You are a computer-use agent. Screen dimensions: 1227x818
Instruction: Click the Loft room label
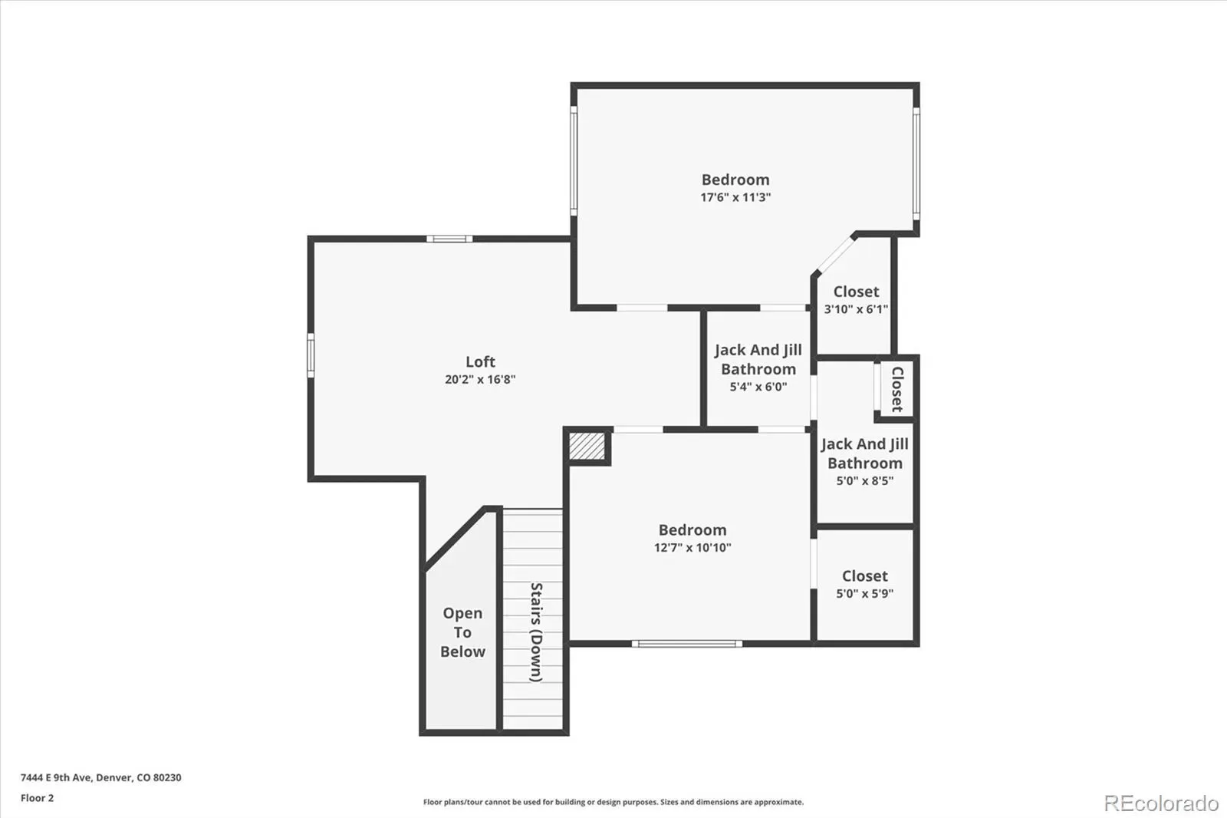pos(480,362)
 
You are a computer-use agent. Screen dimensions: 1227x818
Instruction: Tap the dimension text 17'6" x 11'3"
pos(735,197)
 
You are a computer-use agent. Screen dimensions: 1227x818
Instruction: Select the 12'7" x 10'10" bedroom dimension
pos(692,547)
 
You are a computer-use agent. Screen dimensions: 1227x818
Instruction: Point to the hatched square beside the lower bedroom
pos(587,447)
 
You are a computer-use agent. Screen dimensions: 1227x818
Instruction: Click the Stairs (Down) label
pos(536,632)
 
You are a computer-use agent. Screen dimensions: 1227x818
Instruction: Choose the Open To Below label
pos(463,632)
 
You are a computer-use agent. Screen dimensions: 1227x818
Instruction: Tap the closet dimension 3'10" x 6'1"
pos(856,309)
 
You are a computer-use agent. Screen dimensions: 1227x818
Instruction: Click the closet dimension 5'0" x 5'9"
pos(865,593)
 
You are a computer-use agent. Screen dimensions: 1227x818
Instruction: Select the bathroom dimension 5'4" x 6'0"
pos(758,387)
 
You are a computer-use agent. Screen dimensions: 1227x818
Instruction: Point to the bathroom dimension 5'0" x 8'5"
pos(865,481)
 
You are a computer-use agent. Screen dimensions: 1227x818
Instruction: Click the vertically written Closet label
pos(897,389)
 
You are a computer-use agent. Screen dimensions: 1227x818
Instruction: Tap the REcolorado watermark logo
pos(1161,803)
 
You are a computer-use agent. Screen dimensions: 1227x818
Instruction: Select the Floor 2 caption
pos(38,798)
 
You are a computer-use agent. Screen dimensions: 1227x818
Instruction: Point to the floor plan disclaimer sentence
pos(613,802)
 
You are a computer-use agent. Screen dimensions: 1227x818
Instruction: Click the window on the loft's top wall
pos(449,239)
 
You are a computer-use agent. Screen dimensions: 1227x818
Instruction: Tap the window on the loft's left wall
pos(311,355)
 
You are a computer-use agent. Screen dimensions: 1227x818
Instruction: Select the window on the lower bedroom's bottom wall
pos(687,644)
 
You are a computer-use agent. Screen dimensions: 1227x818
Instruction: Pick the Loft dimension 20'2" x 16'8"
pos(480,379)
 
